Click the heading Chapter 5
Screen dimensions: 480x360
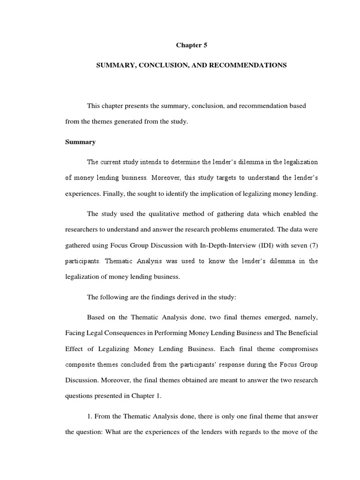point(191,45)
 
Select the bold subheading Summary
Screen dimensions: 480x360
point(80,142)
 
